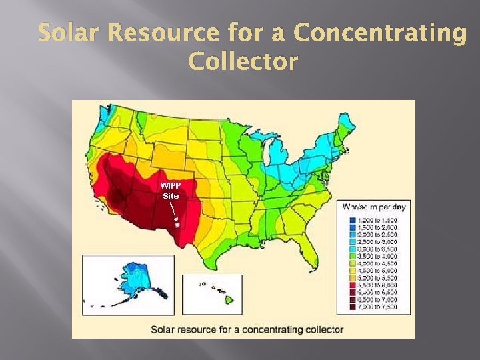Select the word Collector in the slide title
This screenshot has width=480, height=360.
[243, 62]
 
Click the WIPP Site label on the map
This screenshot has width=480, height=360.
[171, 190]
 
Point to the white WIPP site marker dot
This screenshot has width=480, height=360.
[177, 225]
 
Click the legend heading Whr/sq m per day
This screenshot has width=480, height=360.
[373, 207]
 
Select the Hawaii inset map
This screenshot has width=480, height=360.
[212, 293]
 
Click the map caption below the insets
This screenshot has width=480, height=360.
[247, 329]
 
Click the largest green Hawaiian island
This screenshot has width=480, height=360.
[229, 301]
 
